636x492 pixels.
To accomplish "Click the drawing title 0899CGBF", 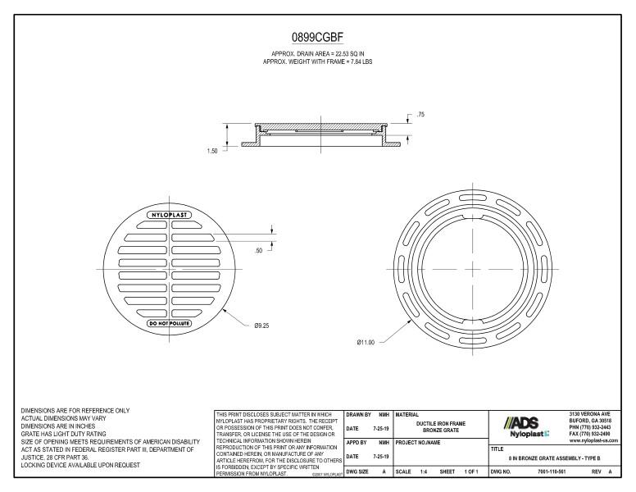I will pyautogui.click(x=317, y=38).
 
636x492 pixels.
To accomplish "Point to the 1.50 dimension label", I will pyautogui.click(x=211, y=152).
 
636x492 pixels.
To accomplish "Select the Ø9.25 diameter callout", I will pyautogui.click(x=261, y=326).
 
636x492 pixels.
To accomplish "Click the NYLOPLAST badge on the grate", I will pyautogui.click(x=169, y=215).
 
